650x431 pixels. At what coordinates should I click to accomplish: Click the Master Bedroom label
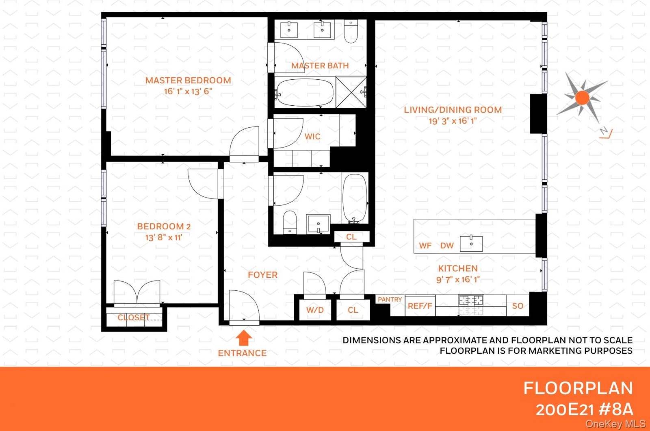point(188,81)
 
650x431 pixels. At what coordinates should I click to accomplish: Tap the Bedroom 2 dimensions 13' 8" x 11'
point(164,237)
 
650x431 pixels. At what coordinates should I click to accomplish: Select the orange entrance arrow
point(244,338)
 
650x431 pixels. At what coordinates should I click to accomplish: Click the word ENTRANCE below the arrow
point(242,353)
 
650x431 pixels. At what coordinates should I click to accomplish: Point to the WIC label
point(312,137)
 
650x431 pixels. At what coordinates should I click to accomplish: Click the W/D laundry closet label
point(315,310)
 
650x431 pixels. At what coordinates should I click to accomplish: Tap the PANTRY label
point(390,299)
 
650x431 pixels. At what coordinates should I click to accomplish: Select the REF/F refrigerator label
point(420,306)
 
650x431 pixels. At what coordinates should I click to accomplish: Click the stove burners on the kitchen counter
point(471,301)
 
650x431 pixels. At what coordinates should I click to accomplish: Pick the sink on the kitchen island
point(471,244)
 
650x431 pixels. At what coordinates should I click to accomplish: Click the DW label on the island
point(447,246)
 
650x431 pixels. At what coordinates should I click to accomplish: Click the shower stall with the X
point(351,92)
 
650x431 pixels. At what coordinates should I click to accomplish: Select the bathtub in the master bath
point(304,92)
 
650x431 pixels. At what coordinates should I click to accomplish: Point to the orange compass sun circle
point(582,98)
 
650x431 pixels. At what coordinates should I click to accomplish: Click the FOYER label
point(262,275)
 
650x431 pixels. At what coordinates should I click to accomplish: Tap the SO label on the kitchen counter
point(518,306)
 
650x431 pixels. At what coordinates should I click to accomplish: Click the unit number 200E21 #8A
point(584,409)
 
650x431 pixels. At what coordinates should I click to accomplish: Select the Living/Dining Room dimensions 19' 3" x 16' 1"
point(453,121)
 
